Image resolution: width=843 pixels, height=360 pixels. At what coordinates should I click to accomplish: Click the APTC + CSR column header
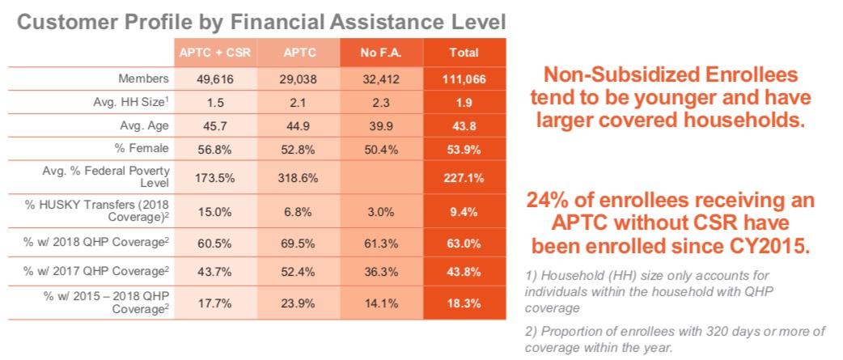tap(214, 53)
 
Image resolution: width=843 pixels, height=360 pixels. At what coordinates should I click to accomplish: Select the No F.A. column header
tap(381, 53)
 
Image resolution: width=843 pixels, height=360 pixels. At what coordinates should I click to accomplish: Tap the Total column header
tap(464, 53)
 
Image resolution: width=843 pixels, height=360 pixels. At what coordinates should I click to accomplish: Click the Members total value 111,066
tap(464, 79)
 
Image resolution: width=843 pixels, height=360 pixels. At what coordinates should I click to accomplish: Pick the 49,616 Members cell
tap(214, 79)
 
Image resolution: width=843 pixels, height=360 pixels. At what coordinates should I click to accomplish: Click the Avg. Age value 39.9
tap(381, 126)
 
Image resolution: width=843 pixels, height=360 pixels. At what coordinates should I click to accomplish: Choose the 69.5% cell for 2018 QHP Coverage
tap(298, 241)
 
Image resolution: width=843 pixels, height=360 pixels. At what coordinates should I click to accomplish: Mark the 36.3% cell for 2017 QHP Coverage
tap(381, 272)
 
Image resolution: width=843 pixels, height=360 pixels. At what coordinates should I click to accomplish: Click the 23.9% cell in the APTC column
tap(298, 303)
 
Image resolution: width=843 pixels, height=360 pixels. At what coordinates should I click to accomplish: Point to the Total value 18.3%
tap(464, 303)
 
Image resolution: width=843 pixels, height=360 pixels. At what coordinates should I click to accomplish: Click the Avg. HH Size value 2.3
tap(381, 103)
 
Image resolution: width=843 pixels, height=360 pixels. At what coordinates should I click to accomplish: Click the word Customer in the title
tap(61, 22)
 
